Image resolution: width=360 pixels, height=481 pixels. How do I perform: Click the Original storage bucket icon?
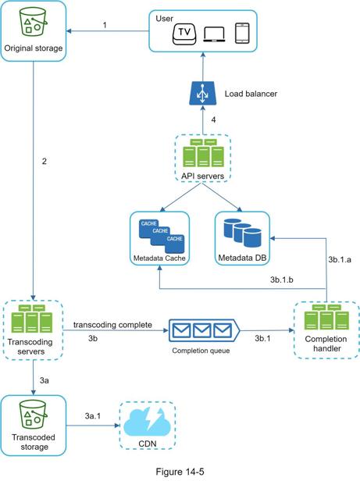tap(33, 23)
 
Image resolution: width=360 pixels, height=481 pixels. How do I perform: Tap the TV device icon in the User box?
tap(184, 34)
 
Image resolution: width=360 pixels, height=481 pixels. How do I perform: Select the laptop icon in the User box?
tap(214, 34)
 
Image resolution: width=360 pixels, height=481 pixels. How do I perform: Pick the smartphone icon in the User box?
tap(242, 33)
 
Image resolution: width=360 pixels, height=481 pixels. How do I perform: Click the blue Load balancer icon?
tap(202, 94)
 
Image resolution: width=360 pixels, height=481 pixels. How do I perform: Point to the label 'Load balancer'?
tap(251, 94)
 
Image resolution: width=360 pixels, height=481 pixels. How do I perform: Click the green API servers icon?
tap(203, 153)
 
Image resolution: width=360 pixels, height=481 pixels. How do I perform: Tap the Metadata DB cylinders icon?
tap(242, 233)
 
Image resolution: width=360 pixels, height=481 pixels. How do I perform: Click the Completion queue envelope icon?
tap(204, 331)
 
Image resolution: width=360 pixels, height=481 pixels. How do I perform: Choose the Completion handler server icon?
tap(326, 317)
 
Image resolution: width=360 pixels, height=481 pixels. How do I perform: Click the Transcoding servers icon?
tap(32, 319)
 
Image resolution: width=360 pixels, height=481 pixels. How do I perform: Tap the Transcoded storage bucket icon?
tap(33, 415)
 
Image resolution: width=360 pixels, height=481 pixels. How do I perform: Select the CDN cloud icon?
tap(147, 422)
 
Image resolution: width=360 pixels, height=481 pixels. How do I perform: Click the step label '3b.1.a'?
tap(340, 259)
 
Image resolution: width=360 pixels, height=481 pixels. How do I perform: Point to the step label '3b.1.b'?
tap(282, 280)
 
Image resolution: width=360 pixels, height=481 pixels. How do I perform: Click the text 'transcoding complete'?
tap(112, 325)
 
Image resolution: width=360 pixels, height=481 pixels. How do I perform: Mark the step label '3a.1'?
tap(93, 416)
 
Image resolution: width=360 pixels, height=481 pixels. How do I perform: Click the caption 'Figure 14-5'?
tap(180, 472)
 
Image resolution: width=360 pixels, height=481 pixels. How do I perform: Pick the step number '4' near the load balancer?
tap(213, 120)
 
